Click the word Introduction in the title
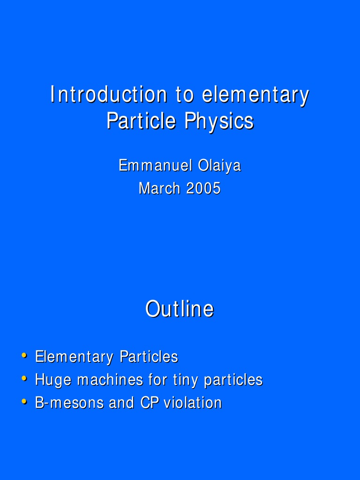[108, 95]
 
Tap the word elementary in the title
[255, 95]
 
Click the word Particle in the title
[141, 121]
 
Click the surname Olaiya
[219, 165]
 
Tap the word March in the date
[159, 188]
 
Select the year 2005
[203, 188]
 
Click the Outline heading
[180, 309]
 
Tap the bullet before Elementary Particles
[24, 355]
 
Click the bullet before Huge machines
[24, 378]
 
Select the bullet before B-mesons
[24, 401]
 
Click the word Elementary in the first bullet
[75, 357]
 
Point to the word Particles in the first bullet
[149, 357]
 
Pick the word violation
[193, 403]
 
